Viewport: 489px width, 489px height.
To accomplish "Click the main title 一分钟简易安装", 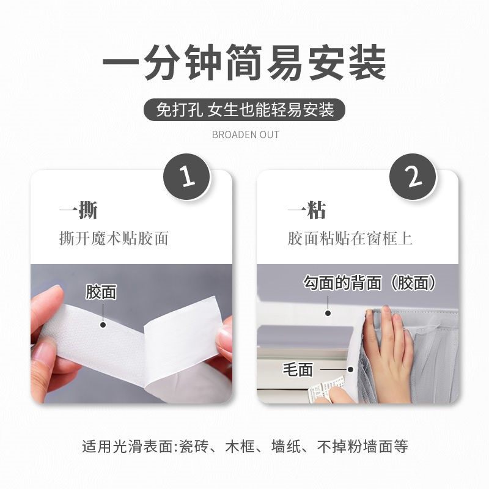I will [x=244, y=63].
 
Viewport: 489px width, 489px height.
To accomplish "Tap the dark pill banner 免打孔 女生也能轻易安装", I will [x=244, y=110].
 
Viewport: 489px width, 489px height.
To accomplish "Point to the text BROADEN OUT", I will [x=245, y=134].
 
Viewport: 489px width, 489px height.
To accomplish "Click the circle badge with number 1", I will [x=186, y=177].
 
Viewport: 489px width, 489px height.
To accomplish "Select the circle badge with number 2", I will [x=414, y=177].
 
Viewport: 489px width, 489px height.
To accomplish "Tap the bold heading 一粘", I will [x=307, y=210].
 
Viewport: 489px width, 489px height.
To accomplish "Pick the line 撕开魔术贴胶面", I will [x=114, y=238].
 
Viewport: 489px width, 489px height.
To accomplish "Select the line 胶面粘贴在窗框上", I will [x=350, y=238].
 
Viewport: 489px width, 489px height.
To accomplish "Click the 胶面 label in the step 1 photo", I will [x=101, y=292].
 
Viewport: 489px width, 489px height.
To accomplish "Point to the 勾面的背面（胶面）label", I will [x=370, y=282].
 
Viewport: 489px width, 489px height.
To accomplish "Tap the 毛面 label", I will [x=298, y=369].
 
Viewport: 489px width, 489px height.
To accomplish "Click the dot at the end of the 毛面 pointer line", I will [x=351, y=369].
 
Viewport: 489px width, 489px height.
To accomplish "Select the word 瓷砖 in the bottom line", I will [x=193, y=446].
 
